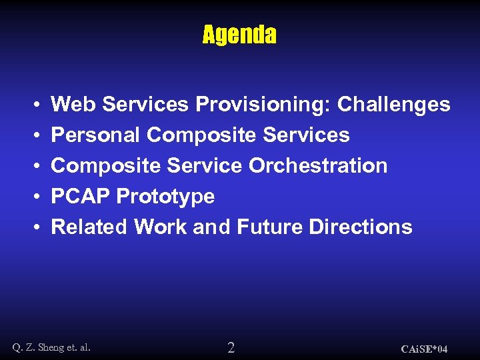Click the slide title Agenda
click(239, 35)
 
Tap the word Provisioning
click(263, 105)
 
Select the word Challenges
click(393, 105)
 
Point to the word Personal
click(95, 135)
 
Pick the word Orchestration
click(318, 166)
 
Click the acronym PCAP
click(81, 197)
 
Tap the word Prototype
click(165, 197)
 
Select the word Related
click(89, 227)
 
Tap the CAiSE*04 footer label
click(424, 349)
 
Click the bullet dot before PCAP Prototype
click(35, 197)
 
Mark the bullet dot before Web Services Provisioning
click(35, 105)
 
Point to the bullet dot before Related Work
click(35, 228)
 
